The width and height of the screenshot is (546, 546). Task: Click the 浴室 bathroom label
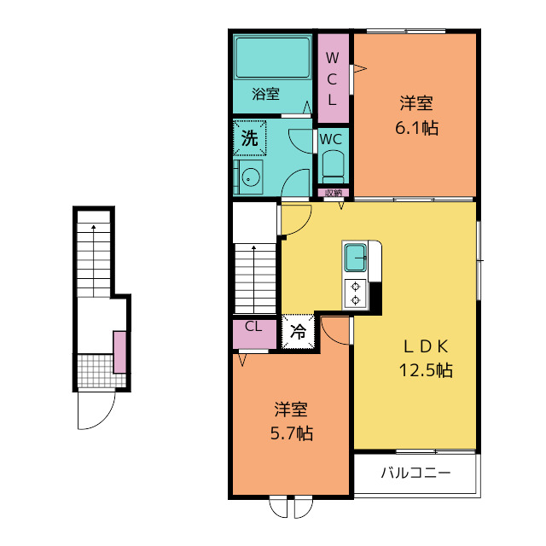(x=265, y=94)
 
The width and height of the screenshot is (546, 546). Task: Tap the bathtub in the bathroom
(x=272, y=57)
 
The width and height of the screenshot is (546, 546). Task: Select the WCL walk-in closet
(x=333, y=78)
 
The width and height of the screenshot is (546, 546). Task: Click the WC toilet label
(x=331, y=139)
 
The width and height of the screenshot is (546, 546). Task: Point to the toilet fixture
(x=334, y=166)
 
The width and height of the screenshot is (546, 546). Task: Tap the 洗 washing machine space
(x=250, y=138)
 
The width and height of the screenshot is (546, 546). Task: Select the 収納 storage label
(x=334, y=193)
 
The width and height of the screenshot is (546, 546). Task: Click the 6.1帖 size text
(x=416, y=128)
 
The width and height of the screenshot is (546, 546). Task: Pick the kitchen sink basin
(x=355, y=258)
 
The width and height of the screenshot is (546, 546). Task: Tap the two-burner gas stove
(x=355, y=293)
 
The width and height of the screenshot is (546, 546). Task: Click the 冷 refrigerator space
(x=298, y=332)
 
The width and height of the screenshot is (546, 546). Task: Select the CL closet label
(x=253, y=327)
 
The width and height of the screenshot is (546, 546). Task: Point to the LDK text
(x=426, y=346)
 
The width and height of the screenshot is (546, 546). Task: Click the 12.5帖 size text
(x=426, y=369)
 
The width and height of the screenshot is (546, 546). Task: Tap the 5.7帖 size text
(x=292, y=433)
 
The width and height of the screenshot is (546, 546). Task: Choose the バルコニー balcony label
(x=415, y=473)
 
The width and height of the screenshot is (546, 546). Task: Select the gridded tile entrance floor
(x=96, y=370)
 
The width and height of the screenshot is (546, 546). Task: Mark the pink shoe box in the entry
(x=119, y=352)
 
